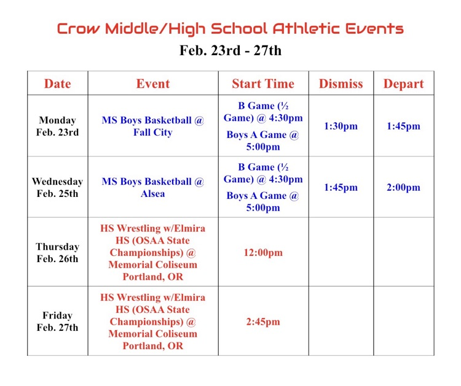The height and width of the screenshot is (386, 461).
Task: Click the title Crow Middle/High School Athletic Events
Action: tap(230, 28)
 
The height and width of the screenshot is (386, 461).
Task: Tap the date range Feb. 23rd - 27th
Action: tap(230, 50)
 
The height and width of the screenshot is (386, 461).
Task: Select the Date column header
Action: tap(57, 83)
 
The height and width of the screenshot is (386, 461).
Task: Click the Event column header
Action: tap(152, 83)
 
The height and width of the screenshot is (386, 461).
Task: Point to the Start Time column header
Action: tap(263, 83)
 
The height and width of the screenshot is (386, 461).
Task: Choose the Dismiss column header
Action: tap(341, 83)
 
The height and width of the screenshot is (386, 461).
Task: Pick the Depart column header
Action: tap(403, 83)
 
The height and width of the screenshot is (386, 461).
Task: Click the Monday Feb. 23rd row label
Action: tap(57, 126)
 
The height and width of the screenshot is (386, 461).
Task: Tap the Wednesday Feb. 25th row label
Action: tap(57, 187)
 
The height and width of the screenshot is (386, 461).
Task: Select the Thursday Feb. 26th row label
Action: tap(57, 252)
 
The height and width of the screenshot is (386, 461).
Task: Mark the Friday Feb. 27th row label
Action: tap(57, 322)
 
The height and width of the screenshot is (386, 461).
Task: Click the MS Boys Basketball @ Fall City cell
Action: tap(152, 126)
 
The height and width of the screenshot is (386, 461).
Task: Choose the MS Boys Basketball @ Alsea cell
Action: tap(152, 187)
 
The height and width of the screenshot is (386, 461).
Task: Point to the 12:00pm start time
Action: tap(263, 252)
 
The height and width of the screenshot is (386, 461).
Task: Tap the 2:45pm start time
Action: tap(263, 322)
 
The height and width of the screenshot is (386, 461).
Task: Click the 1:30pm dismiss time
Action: tap(341, 126)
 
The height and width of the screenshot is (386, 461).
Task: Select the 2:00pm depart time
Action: tap(403, 187)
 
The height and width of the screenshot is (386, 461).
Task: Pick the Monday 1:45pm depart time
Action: tap(403, 126)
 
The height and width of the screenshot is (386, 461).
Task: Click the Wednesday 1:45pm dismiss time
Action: tap(341, 187)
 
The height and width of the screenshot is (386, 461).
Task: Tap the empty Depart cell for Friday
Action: tap(403, 322)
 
